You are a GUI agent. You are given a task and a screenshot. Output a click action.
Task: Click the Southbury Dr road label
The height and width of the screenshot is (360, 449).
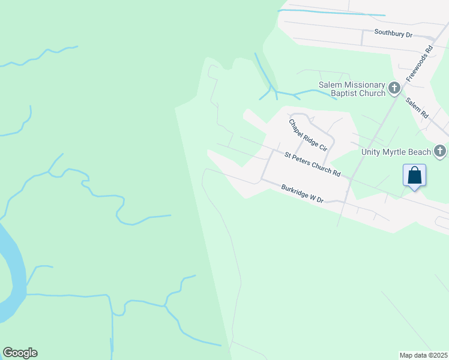click(x=393, y=34)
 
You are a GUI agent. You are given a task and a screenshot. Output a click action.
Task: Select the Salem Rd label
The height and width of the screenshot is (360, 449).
click(x=416, y=107)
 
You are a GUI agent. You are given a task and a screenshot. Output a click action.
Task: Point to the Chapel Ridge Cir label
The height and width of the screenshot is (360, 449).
click(x=308, y=135)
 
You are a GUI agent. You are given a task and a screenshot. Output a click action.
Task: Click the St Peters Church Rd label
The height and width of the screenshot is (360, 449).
click(x=313, y=164)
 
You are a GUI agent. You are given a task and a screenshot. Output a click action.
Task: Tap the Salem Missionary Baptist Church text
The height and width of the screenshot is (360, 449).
click(x=351, y=89)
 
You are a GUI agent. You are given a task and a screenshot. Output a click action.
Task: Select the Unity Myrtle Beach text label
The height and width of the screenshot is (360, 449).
click(x=396, y=152)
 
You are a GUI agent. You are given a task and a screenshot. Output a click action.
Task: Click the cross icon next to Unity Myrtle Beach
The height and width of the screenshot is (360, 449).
click(x=441, y=151)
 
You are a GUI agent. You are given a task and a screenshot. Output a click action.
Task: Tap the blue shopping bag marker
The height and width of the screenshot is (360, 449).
click(x=415, y=176)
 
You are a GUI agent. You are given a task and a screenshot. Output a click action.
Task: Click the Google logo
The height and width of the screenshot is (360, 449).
click(x=20, y=353)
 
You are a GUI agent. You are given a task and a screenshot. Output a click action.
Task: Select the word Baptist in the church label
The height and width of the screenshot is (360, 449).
click(x=345, y=94)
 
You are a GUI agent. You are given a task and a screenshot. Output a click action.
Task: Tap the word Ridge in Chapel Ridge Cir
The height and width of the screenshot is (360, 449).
click(x=307, y=134)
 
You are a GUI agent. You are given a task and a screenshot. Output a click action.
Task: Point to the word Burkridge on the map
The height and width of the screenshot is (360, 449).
click(x=294, y=191)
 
